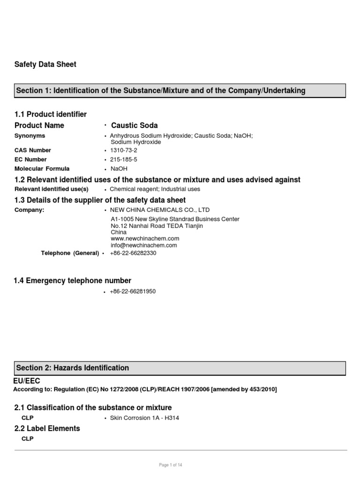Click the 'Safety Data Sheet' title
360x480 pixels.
[x=45, y=64]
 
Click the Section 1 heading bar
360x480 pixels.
[x=180, y=90]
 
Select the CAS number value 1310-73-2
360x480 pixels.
[x=124, y=150]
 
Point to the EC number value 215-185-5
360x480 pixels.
[x=124, y=159]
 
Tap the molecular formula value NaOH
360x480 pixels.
[x=119, y=169]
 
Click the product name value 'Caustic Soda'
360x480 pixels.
[x=135, y=126]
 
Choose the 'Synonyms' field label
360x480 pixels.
[x=30, y=135]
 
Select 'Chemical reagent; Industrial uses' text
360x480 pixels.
[x=155, y=189]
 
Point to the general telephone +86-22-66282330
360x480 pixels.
[x=133, y=253]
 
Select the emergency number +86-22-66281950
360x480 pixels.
[x=133, y=292]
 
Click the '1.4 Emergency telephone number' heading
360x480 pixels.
[x=73, y=281]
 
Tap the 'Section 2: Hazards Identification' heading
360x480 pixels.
[x=73, y=368]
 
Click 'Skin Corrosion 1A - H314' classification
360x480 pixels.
[x=144, y=418]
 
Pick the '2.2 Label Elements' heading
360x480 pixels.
[x=47, y=428]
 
